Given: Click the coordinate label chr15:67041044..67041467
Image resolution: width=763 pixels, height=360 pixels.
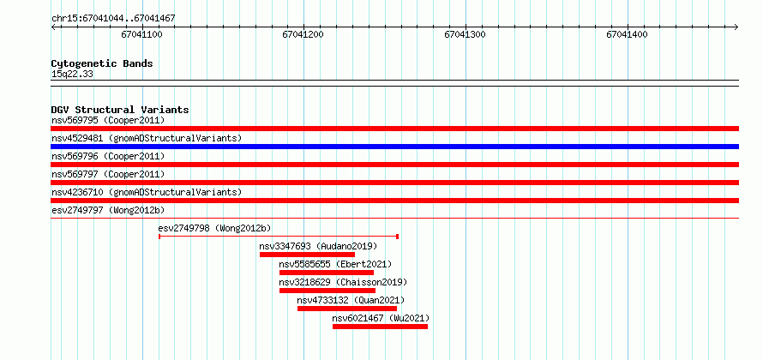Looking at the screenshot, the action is pos(113,19).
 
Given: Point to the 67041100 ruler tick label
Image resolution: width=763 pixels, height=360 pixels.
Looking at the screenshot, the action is pos(141,34).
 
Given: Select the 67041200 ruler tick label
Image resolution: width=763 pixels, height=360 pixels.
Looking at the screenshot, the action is pos(303,34).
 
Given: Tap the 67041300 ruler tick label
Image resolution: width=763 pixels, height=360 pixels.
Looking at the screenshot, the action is pos(466,34).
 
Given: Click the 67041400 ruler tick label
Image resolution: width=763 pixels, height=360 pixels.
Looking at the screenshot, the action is pos(628,34).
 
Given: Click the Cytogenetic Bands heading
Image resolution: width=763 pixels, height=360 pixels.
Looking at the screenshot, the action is pos(102,63).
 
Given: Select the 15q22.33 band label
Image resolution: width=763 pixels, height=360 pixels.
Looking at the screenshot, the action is pos(72,75).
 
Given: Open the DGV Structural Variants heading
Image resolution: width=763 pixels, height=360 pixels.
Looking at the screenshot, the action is pos(120,110).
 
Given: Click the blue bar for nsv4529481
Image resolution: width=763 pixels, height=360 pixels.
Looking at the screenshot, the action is pos(395,147).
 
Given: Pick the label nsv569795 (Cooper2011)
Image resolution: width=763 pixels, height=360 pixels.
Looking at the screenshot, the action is pos(108,120).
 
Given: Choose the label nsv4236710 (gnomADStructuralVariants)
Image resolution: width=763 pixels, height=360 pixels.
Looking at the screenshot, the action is pos(147,192).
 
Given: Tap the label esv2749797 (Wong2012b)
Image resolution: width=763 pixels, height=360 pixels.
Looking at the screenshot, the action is pos(108,210).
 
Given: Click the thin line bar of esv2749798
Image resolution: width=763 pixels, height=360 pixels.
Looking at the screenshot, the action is pos(279,237).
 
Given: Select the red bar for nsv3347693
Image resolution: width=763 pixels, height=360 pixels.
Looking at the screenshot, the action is pos(307,255).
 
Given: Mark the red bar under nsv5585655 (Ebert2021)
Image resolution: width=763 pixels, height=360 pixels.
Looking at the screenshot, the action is pos(327,273).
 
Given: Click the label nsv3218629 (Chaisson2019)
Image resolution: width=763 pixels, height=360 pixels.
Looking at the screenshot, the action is pos(343,282).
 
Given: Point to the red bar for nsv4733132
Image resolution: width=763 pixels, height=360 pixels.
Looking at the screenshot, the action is pos(347,309).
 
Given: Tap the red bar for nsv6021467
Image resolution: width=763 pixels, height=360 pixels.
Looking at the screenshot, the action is pos(380,327).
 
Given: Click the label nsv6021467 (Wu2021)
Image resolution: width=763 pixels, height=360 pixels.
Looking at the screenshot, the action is pos(381,318).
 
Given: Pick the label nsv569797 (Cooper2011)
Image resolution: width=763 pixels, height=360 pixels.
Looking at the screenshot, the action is pos(108,174).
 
